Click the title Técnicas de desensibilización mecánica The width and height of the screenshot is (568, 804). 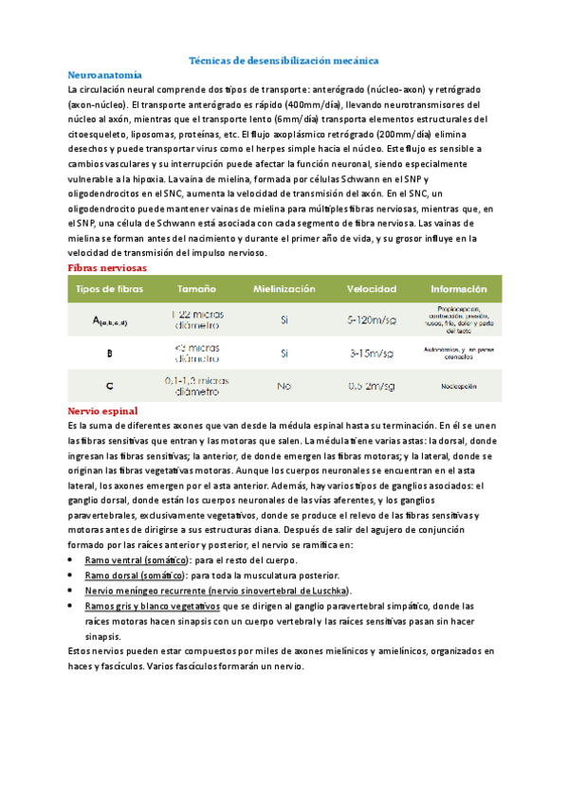point(284,59)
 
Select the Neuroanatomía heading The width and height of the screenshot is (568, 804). point(105,73)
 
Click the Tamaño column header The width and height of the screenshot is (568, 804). point(195,288)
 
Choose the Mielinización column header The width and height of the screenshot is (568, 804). point(284,288)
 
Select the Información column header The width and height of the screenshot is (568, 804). point(458,288)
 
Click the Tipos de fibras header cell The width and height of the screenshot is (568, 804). point(109,288)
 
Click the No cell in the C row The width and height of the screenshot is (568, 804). point(284,387)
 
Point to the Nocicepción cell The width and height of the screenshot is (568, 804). point(458,387)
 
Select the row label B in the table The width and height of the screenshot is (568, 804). point(109,354)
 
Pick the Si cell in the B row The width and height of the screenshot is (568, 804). point(284,354)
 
